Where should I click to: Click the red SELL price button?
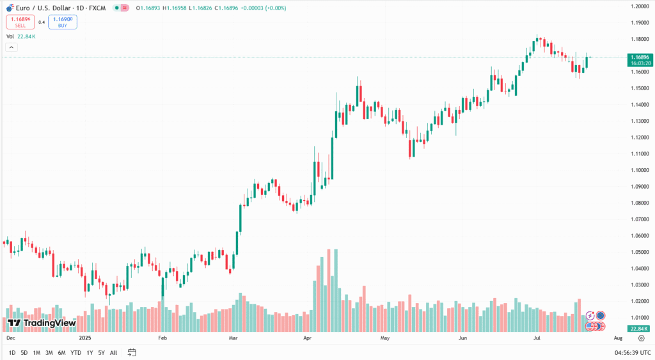click(20, 22)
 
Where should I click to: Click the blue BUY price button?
click(62, 22)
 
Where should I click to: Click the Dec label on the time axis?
click(10, 336)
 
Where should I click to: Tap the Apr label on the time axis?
click(307, 336)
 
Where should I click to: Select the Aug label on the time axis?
click(618, 336)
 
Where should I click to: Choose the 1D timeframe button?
click(12, 352)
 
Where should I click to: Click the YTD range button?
click(75, 352)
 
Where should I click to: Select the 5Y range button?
click(102, 352)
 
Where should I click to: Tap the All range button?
click(113, 352)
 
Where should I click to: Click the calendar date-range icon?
click(132, 352)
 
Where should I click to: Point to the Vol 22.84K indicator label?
click(20, 36)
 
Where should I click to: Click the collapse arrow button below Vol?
click(11, 47)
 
